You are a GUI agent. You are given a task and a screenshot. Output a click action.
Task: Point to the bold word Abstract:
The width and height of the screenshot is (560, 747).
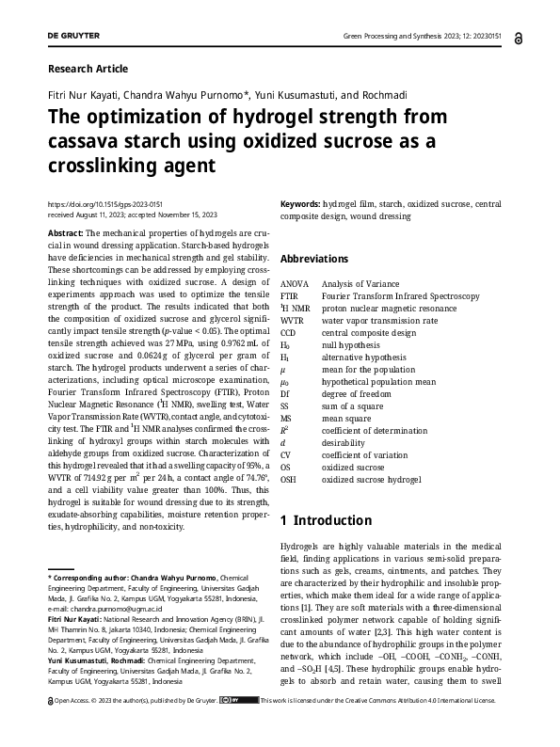65,232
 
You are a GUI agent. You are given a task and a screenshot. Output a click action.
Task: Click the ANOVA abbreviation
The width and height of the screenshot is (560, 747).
295,283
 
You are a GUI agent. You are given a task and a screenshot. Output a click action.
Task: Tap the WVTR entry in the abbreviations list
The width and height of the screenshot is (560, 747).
294,320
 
